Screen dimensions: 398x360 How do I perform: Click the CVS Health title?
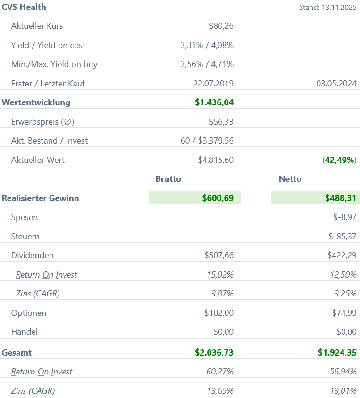click(24, 7)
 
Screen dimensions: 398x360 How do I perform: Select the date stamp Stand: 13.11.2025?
click(327, 8)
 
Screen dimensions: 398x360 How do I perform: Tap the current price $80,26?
click(221, 26)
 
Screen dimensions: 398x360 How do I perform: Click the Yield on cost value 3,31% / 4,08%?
click(207, 45)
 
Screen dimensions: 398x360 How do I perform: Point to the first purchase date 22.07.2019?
click(213, 84)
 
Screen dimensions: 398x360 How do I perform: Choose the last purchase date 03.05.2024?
click(336, 84)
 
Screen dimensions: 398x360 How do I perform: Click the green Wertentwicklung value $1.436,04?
click(214, 102)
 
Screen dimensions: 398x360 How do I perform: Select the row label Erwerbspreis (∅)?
click(42, 122)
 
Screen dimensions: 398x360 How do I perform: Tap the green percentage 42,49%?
click(340, 160)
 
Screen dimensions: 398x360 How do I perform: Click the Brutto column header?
click(168, 179)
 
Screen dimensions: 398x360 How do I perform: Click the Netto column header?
click(290, 179)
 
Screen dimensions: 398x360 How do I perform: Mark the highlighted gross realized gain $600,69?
click(218, 198)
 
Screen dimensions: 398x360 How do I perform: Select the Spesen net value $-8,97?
click(344, 218)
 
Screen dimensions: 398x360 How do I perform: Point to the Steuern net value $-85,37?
click(343, 237)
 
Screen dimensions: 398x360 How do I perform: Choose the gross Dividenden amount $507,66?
click(218, 255)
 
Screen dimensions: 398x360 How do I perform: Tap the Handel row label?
click(24, 332)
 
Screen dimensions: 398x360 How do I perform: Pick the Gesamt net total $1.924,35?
click(337, 353)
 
